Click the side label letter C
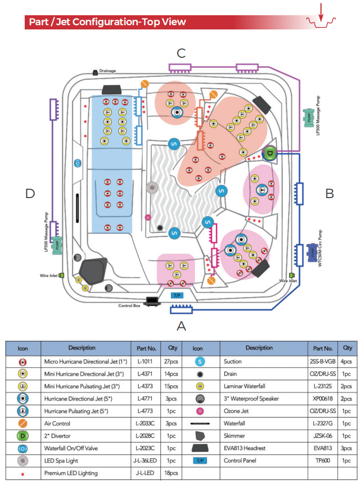click(x=181, y=53)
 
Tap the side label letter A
click(x=181, y=326)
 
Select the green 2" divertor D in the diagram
click(x=270, y=153)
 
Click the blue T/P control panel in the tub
click(x=177, y=295)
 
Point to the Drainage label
click(x=107, y=71)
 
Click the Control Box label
click(x=129, y=306)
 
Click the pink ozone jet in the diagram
click(x=148, y=218)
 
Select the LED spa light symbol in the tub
click(x=152, y=188)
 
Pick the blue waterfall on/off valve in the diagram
click(x=78, y=163)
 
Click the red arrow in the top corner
click(x=321, y=13)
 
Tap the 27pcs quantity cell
click(x=171, y=362)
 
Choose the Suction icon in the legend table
click(x=200, y=362)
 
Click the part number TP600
click(x=323, y=460)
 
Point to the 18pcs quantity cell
click(x=171, y=472)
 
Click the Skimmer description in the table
click(x=234, y=436)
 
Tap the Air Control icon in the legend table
click(x=23, y=423)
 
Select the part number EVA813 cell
click(x=323, y=448)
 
